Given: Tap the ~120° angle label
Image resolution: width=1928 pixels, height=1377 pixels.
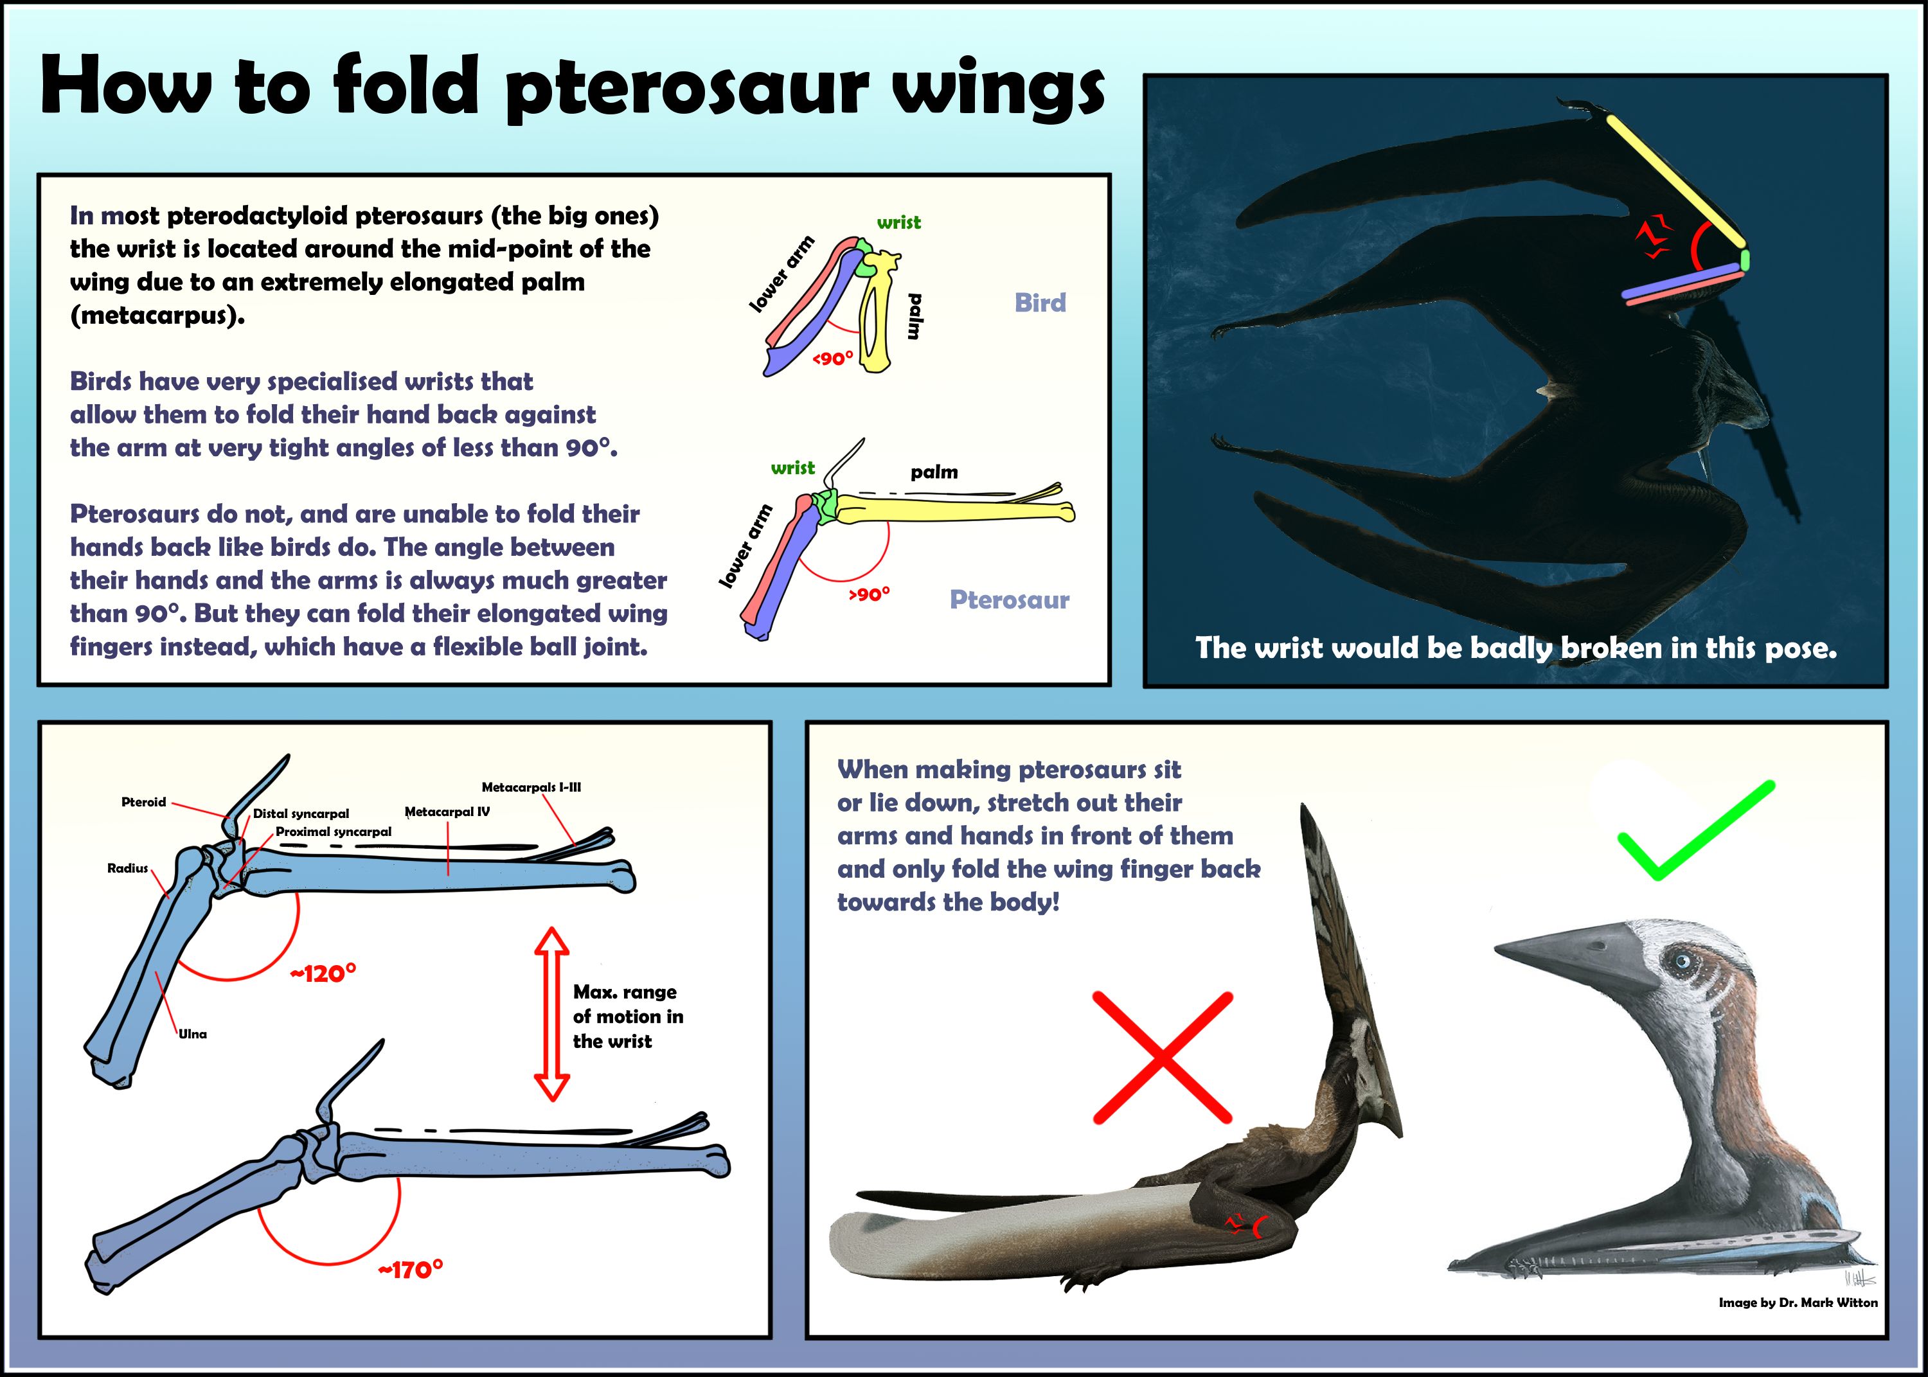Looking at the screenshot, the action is point(323,973).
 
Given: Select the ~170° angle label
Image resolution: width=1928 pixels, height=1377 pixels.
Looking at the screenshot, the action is point(411,1269).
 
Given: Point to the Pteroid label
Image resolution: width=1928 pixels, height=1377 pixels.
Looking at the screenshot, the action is point(143,802).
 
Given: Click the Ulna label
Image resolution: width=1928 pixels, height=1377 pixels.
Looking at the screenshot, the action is point(192,1034).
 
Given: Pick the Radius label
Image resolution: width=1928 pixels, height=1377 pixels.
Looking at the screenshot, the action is point(127,868).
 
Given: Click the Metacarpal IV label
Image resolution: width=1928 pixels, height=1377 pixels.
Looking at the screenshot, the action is point(447,812).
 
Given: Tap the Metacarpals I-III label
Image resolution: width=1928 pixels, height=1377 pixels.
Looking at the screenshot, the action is point(531,787).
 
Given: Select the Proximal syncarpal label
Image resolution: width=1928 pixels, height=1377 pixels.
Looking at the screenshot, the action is point(333,832).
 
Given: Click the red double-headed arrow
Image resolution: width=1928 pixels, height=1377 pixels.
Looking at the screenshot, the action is point(552,1014).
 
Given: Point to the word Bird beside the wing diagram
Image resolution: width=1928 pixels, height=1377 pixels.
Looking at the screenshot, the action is point(1039,303).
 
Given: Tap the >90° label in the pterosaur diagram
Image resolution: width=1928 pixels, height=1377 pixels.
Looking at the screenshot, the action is point(869,594).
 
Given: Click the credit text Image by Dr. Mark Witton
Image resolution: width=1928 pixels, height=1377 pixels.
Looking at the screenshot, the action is point(1798,1302).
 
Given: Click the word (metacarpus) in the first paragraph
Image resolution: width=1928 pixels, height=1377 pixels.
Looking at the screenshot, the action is point(157,315).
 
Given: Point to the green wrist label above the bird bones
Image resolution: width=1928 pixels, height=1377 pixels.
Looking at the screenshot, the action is point(898,222).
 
